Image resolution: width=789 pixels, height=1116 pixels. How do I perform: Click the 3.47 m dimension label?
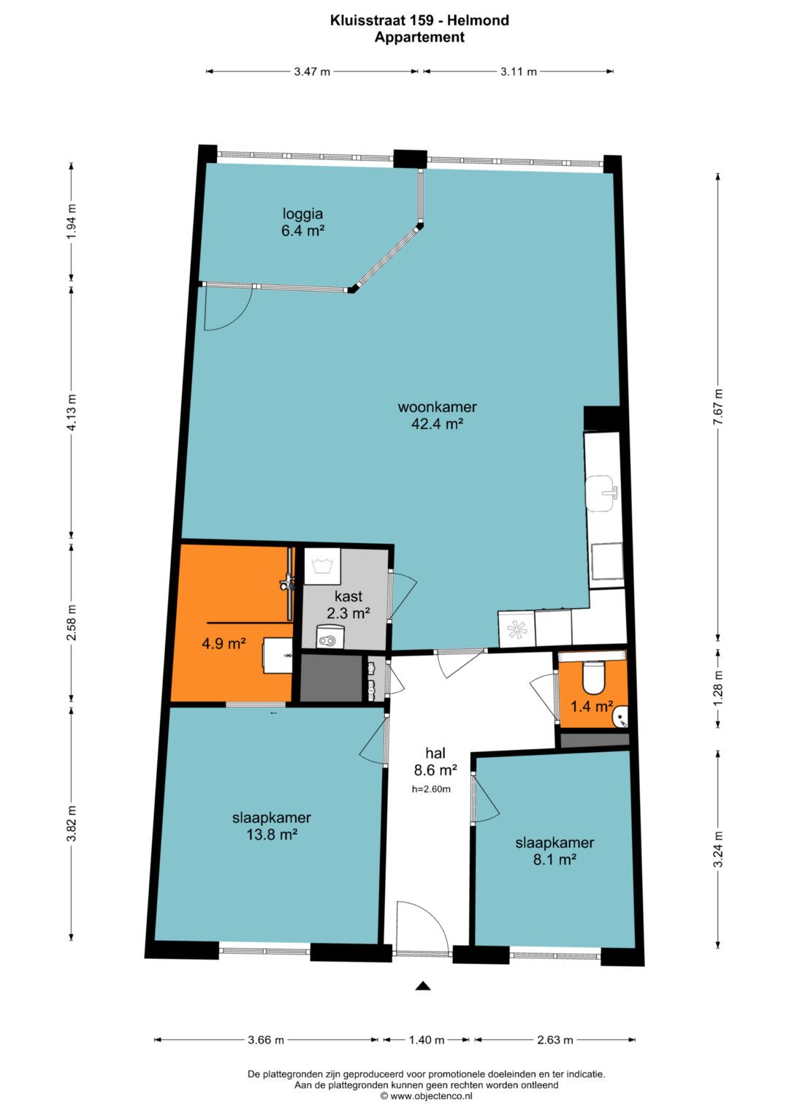[x=312, y=71]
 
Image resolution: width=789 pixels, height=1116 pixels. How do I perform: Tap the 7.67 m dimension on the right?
[x=717, y=406]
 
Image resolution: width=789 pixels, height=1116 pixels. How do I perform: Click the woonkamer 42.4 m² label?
[x=437, y=415]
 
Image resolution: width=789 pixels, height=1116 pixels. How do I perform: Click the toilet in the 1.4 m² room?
[x=592, y=677]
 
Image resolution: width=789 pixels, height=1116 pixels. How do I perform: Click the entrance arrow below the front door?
[x=423, y=985]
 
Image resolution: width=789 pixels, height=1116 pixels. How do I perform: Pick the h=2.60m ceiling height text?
[x=431, y=789]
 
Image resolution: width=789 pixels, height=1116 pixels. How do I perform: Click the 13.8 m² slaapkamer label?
[x=272, y=826]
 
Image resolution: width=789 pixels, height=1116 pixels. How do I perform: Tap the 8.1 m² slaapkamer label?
[x=554, y=851]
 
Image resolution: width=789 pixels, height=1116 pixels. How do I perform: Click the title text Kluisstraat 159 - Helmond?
[x=419, y=20]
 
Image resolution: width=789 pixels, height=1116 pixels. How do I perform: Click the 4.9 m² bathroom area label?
[x=224, y=643]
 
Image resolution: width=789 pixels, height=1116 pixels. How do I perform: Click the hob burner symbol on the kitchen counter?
[x=516, y=630]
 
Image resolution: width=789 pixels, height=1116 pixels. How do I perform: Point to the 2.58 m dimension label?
[x=72, y=623]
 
